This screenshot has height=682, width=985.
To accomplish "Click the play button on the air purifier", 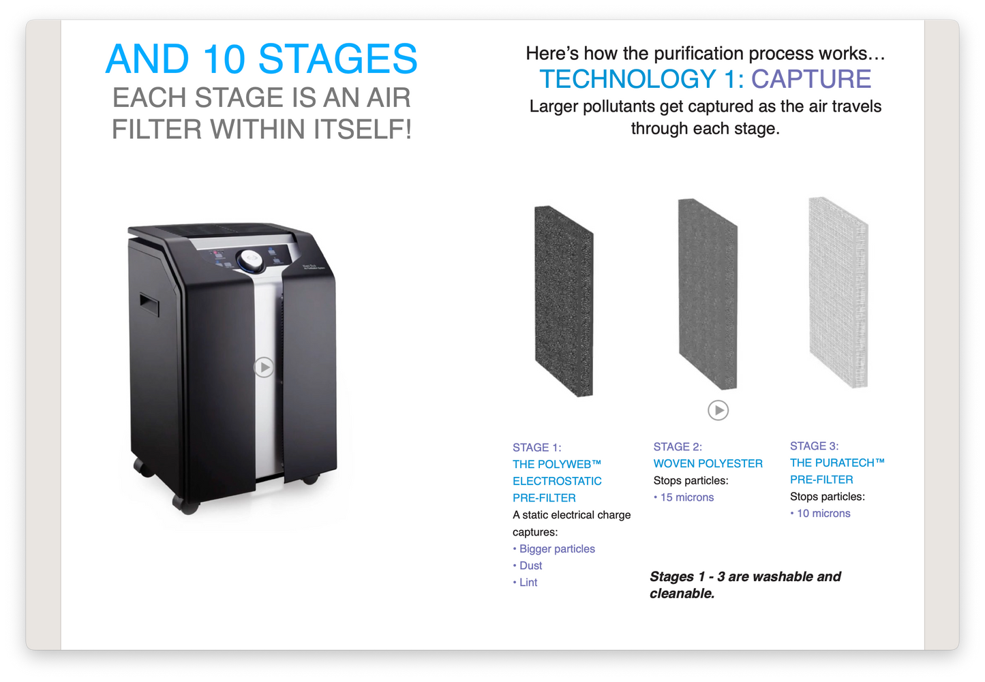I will coord(264,367).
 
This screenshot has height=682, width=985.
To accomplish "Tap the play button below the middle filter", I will coord(718,410).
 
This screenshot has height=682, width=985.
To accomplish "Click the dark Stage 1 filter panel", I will coord(564,301).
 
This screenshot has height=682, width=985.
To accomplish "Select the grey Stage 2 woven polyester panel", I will coord(708,294).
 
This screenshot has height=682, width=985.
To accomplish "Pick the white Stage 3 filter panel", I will coord(838,293).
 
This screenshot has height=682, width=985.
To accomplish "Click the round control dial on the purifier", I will coord(249,259).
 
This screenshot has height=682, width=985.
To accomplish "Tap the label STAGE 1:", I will coord(536,448).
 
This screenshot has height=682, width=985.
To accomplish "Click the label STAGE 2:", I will coord(677,447).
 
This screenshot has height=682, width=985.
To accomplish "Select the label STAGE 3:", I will coord(814,446).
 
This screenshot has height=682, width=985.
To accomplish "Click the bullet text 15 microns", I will coord(686,497).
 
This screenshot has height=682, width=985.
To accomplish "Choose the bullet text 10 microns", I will coord(823,514).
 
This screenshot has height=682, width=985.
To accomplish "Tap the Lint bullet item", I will coord(528,583).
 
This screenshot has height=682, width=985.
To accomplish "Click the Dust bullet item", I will coord(530,565).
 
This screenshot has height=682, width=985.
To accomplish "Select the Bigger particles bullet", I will coord(556,549).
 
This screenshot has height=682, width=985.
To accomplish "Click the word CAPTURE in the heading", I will coord(810,79).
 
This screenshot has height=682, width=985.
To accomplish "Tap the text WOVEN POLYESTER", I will coord(708,463).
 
